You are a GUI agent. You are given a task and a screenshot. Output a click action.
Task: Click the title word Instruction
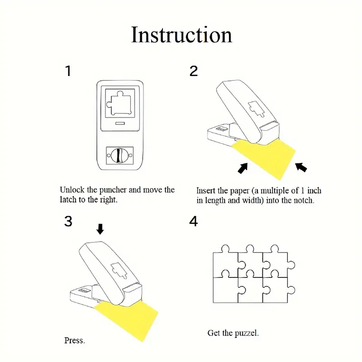[181, 35]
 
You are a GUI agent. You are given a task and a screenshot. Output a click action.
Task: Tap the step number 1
[68, 71]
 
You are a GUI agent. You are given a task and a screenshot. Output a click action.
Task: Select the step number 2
[194, 71]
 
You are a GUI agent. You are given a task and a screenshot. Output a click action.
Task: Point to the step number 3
[68, 221]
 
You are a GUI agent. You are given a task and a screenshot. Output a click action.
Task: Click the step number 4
[194, 222]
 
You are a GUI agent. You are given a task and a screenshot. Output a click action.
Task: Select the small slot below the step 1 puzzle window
[119, 123]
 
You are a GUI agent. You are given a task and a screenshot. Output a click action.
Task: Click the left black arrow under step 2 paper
[243, 168]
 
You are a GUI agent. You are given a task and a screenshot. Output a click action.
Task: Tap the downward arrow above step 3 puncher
[100, 229]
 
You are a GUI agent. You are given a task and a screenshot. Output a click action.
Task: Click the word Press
[74, 340]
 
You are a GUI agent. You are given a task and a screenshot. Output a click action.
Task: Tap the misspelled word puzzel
[247, 333]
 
